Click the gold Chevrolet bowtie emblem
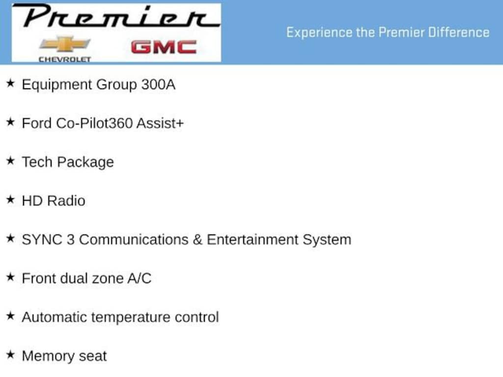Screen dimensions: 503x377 (65, 44)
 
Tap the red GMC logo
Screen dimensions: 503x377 (164, 47)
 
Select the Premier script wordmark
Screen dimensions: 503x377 (116, 16)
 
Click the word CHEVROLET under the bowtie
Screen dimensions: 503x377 (65, 59)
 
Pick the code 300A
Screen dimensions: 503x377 (158, 84)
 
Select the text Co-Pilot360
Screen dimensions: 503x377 (94, 123)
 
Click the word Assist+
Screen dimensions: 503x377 (160, 123)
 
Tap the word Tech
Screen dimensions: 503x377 (37, 162)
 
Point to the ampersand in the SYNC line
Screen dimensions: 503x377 (197, 240)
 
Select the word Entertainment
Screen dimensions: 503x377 (252, 240)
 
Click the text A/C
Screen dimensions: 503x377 (139, 278)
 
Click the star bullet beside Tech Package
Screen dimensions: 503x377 (11, 161)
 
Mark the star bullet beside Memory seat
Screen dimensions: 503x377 (11, 354)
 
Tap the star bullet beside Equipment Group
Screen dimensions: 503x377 (11, 83)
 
